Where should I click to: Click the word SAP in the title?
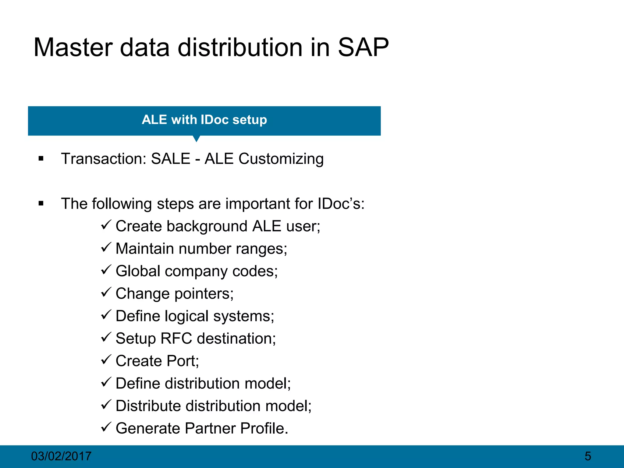tap(363, 48)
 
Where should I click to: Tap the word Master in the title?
tap(73, 48)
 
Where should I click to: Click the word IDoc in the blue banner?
tap(214, 120)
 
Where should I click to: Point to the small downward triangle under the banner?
tap(197, 139)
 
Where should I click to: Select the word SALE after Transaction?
tap(171, 159)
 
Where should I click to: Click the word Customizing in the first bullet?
tap(281, 159)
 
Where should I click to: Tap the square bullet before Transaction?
tap(41, 158)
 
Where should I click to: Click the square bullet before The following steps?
tap(41, 203)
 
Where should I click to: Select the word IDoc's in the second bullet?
tap(341, 204)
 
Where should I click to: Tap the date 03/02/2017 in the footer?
tap(61, 456)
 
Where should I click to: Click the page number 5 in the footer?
tap(588, 456)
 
